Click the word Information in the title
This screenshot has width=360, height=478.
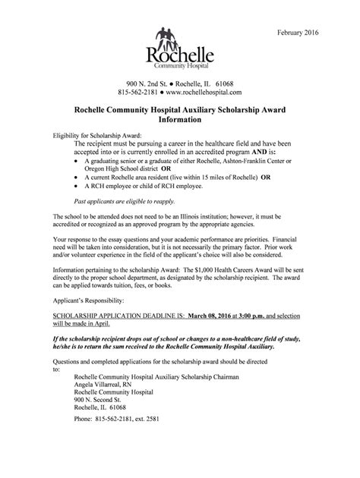click(x=179, y=120)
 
